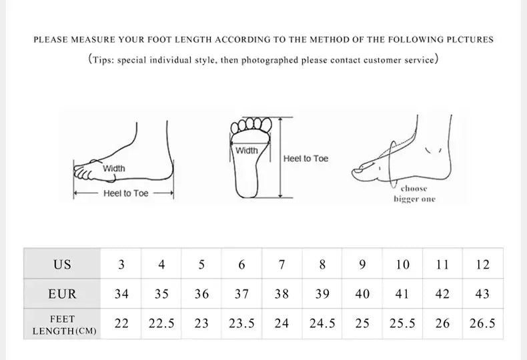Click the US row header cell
(62, 264)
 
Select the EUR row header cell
(62, 293)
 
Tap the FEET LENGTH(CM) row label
(62, 325)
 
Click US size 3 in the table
(121, 264)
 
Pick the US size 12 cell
(483, 264)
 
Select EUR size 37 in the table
(241, 293)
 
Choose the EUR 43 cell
(483, 293)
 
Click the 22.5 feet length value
(161, 323)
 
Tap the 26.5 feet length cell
(483, 323)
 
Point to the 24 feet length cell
(282, 323)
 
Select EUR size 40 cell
(362, 293)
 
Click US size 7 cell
(282, 264)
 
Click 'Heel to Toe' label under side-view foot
(125, 193)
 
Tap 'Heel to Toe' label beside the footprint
(306, 159)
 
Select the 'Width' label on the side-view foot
(113, 169)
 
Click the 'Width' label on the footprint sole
(246, 151)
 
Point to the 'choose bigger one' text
(414, 194)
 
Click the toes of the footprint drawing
(251, 124)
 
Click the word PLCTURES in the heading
(468, 39)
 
